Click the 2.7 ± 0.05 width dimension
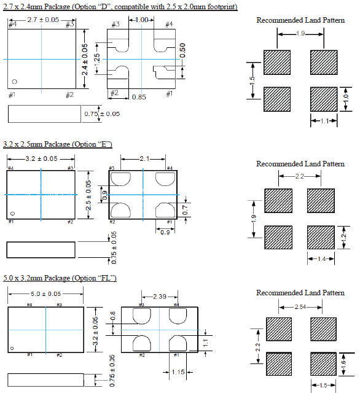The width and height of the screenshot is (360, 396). point(43,20)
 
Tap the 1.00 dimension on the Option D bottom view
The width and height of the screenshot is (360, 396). point(141,20)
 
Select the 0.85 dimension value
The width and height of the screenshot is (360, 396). point(139,97)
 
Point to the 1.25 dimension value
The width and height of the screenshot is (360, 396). point(97,60)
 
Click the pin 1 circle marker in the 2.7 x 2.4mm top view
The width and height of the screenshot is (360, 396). point(15,82)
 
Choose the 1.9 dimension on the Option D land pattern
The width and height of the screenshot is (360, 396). point(300,34)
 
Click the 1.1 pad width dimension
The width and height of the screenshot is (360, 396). point(324,121)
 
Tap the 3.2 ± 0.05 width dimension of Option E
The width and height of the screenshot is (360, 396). point(41,158)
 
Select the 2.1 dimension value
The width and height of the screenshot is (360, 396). point(144,159)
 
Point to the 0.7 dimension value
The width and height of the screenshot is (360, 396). point(185,210)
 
